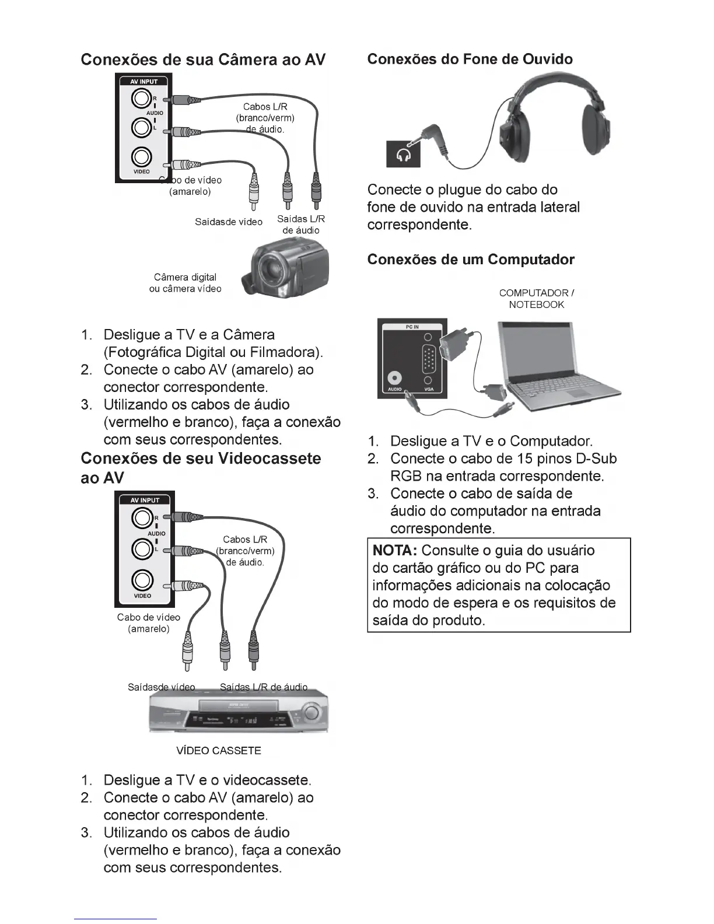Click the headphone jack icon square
point(403,154)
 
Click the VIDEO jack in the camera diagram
point(142,157)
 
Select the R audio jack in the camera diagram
point(142,100)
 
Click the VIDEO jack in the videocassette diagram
point(142,580)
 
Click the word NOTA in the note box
point(395,551)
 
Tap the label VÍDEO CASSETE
point(219,751)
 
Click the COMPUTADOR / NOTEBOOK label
point(537,299)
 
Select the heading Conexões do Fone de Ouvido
point(470,60)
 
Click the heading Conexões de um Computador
point(471,260)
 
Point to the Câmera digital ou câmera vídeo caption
point(185,283)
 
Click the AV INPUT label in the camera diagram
point(144,82)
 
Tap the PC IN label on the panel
point(412,327)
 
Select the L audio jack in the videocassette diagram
point(142,549)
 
